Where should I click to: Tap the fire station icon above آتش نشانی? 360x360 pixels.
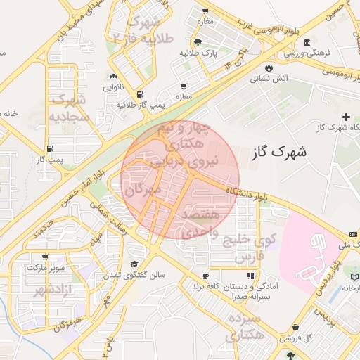click(x=269, y=67)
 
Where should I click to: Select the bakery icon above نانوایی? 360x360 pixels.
click(x=113, y=76)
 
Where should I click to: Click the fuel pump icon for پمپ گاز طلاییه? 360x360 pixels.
click(x=141, y=94)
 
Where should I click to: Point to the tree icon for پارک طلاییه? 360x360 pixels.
click(x=207, y=41)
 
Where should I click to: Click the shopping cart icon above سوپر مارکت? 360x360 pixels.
click(x=46, y=257)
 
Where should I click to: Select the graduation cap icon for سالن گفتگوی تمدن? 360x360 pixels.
click(x=134, y=264)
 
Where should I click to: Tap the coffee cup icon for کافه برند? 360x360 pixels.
click(x=205, y=276)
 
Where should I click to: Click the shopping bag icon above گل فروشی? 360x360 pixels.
click(x=296, y=328)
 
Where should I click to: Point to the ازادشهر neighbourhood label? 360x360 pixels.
click(x=43, y=290)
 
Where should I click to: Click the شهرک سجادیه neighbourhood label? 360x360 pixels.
click(x=69, y=108)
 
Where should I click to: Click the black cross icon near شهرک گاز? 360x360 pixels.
click(x=345, y=117)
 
